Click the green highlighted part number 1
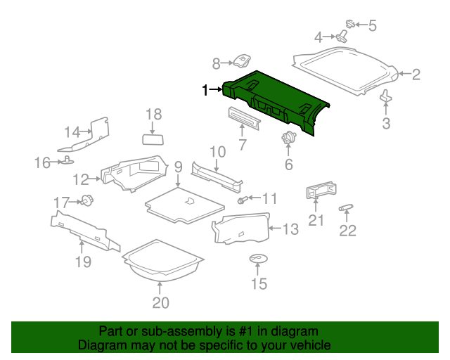click(276, 101)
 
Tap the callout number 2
click(416, 75)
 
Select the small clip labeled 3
click(385, 96)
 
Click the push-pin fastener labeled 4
click(341, 37)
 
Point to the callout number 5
click(373, 25)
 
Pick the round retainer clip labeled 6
click(288, 138)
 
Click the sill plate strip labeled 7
click(244, 118)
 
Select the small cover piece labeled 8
click(242, 60)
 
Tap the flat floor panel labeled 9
click(185, 205)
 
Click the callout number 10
click(218, 152)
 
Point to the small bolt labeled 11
click(242, 200)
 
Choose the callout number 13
click(290, 229)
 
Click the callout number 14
click(72, 132)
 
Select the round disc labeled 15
click(258, 259)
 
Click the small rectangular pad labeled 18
click(153, 139)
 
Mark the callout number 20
click(160, 302)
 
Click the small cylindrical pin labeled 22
click(346, 207)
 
